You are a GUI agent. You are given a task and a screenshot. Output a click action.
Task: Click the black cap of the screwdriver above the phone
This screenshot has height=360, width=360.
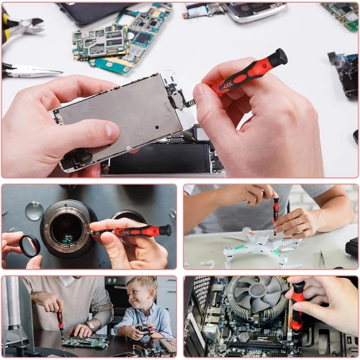[x=278, y=57]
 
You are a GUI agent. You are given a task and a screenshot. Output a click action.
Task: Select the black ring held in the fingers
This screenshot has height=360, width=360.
[x=30, y=246]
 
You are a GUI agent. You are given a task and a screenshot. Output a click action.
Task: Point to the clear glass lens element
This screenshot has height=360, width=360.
[x=34, y=210]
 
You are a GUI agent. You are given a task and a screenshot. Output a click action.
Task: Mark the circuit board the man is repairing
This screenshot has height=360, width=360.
[x=85, y=341]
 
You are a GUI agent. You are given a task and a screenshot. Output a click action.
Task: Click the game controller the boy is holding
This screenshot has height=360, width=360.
[x=143, y=328]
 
